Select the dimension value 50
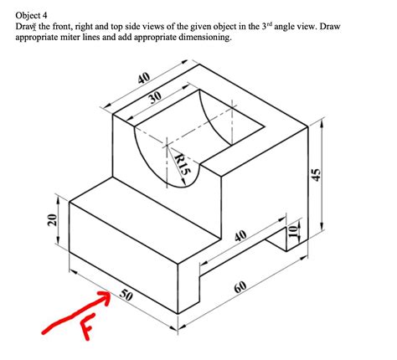click(x=126, y=296)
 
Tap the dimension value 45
click(x=316, y=173)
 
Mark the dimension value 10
click(x=292, y=232)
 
